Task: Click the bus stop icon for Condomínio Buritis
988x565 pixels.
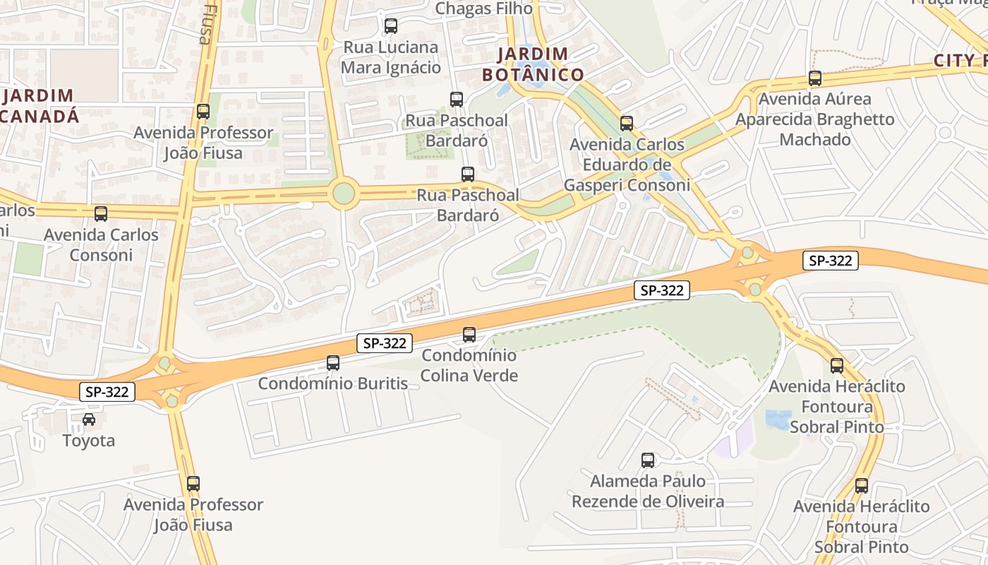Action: pyautogui.click(x=333, y=363)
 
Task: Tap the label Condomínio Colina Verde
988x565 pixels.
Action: pyautogui.click(x=469, y=365)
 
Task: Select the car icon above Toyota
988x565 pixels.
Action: pyautogui.click(x=89, y=420)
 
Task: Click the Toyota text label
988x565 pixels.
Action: pyautogui.click(x=89, y=441)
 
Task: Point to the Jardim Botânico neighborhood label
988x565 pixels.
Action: pyautogui.click(x=533, y=64)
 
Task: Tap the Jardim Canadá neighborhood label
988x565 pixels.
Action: pyautogui.click(x=39, y=106)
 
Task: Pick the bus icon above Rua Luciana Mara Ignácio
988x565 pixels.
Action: pyautogui.click(x=391, y=26)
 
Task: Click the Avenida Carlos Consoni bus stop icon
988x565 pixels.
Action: pyautogui.click(x=101, y=213)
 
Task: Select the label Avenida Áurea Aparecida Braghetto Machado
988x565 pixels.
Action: pyautogui.click(x=815, y=119)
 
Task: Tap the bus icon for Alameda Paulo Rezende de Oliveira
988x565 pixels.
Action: pyautogui.click(x=648, y=460)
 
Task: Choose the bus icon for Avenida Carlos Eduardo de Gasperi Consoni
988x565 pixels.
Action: pyautogui.click(x=627, y=124)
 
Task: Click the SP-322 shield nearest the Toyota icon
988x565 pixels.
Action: pyautogui.click(x=107, y=392)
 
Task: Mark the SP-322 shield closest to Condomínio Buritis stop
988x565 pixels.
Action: pyautogui.click(x=384, y=343)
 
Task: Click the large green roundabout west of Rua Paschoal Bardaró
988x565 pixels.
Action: pyautogui.click(x=343, y=193)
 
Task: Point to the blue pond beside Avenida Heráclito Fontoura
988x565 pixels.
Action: pyautogui.click(x=778, y=420)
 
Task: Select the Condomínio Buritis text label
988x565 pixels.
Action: pyautogui.click(x=333, y=383)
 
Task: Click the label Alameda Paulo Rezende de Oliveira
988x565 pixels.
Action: pyautogui.click(x=648, y=491)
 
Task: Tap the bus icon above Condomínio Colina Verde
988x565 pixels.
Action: pyautogui.click(x=469, y=335)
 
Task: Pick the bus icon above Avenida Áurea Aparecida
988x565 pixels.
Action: pyautogui.click(x=815, y=78)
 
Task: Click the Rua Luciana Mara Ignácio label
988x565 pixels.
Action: pyautogui.click(x=391, y=57)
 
